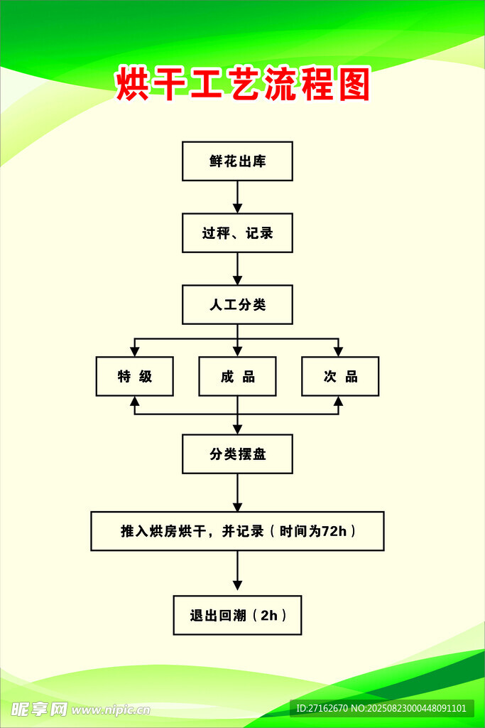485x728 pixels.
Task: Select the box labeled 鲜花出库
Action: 237,161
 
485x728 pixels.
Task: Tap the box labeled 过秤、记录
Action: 237,233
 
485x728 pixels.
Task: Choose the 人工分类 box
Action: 237,305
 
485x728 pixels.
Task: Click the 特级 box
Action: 135,376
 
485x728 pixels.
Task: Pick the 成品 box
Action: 237,376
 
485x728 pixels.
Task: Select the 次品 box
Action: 340,376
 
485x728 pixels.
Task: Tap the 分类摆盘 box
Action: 237,454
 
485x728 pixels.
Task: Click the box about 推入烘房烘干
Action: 237,531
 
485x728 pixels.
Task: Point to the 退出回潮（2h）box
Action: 237,615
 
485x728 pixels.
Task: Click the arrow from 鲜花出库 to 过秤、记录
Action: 237,197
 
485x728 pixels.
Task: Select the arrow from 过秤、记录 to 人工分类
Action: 237,269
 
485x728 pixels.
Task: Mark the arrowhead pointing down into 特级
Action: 135,351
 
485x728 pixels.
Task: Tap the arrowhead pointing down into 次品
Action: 339,351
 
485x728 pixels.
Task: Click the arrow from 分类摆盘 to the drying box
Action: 237,493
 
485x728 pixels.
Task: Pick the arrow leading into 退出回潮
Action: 237,573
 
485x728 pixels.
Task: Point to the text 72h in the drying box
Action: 334,531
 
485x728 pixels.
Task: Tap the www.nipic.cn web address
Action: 111,710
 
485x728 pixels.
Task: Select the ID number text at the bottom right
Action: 381,708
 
